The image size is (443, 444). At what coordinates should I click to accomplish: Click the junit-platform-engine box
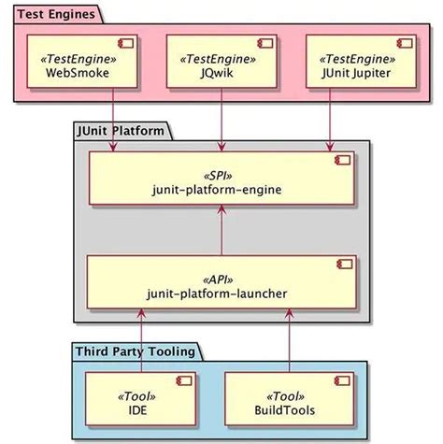(x=221, y=180)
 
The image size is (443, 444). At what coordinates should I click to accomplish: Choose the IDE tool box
(x=141, y=398)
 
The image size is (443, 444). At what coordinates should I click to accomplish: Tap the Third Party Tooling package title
(x=136, y=351)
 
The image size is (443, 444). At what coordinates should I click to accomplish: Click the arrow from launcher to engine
(x=221, y=232)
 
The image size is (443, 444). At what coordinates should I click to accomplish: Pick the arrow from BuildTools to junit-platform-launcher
(x=291, y=341)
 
